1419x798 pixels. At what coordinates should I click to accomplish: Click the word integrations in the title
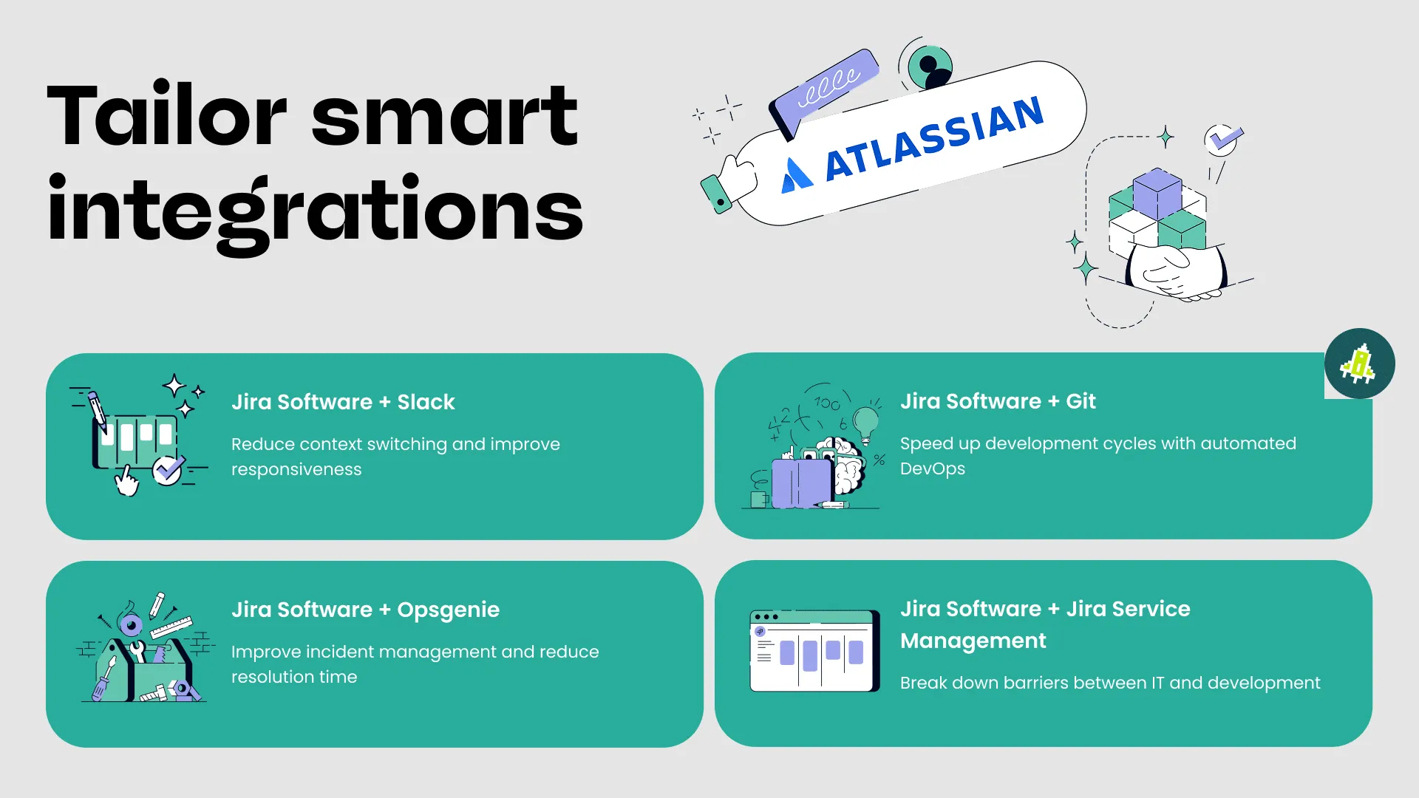[316, 213]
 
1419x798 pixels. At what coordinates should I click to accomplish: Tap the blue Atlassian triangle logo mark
[797, 175]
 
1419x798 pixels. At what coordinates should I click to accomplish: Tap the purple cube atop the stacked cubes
[1157, 194]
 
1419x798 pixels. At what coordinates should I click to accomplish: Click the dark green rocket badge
[1360, 364]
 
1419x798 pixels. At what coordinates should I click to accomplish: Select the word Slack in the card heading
[426, 402]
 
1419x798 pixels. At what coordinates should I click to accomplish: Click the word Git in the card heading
[1081, 401]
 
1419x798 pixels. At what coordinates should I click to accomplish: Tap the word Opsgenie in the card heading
[448, 610]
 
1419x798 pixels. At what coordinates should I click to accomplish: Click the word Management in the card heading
[973, 641]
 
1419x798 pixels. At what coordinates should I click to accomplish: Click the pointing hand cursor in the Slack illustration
[126, 481]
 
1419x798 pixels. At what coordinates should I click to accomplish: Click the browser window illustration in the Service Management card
[814, 651]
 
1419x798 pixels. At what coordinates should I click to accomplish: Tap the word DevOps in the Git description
[933, 469]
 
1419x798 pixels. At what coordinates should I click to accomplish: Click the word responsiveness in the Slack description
[296, 470]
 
